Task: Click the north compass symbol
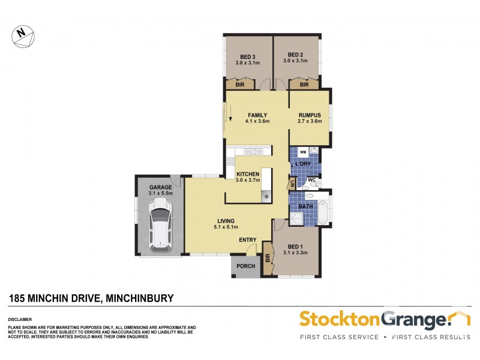(x=23, y=35)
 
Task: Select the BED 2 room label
(x=297, y=58)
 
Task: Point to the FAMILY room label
(x=257, y=116)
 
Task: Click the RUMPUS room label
(x=310, y=116)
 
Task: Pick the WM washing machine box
(x=302, y=152)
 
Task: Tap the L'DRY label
(x=301, y=164)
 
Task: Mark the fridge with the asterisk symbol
(x=266, y=197)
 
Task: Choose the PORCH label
(x=246, y=266)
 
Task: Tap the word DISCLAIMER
(x=20, y=319)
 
